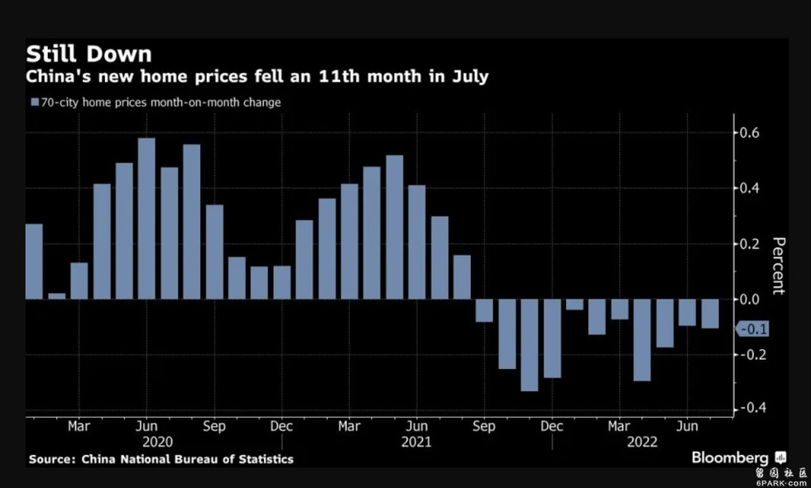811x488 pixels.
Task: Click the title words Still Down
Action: [89, 55]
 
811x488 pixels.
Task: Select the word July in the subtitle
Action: [469, 77]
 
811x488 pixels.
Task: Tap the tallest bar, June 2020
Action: [146, 218]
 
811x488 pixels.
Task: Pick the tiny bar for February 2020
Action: [56, 295]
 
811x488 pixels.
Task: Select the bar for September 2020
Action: [214, 251]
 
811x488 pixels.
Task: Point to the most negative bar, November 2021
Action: [530, 345]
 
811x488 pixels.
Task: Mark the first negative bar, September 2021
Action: [484, 310]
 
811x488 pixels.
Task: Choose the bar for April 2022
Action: [642, 340]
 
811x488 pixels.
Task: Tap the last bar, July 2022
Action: [710, 313]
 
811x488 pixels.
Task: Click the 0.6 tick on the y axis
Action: [750, 133]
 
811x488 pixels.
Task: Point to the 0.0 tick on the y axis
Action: [750, 299]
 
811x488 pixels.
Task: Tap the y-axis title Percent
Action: [778, 266]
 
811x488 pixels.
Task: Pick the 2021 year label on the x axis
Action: [416, 443]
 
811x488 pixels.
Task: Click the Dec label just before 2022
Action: [552, 427]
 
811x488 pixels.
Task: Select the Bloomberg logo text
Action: [730, 457]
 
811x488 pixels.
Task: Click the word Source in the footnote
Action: [50, 459]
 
